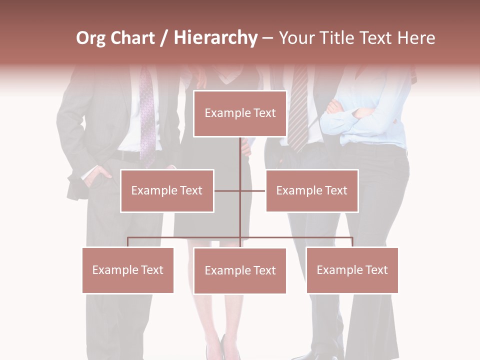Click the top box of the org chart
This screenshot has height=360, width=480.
coord(240,113)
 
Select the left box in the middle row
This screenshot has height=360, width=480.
coord(167,190)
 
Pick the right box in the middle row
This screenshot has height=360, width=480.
coord(311,190)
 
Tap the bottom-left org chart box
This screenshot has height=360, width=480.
coord(128,270)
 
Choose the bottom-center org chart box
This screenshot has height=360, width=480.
coord(240,270)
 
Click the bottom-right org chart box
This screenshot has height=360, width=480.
coord(352,270)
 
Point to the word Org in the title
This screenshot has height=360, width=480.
coord(91,38)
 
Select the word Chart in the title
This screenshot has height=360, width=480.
coord(133,38)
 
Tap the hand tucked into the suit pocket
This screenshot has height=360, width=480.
coord(98,175)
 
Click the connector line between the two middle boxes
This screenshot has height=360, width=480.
coord(240,190)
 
